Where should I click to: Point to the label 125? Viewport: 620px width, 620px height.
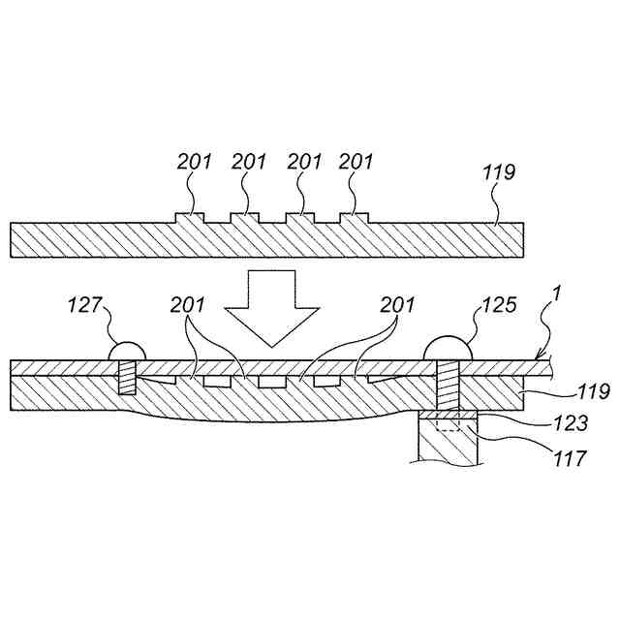498,307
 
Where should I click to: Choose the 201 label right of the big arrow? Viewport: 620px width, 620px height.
394,307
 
